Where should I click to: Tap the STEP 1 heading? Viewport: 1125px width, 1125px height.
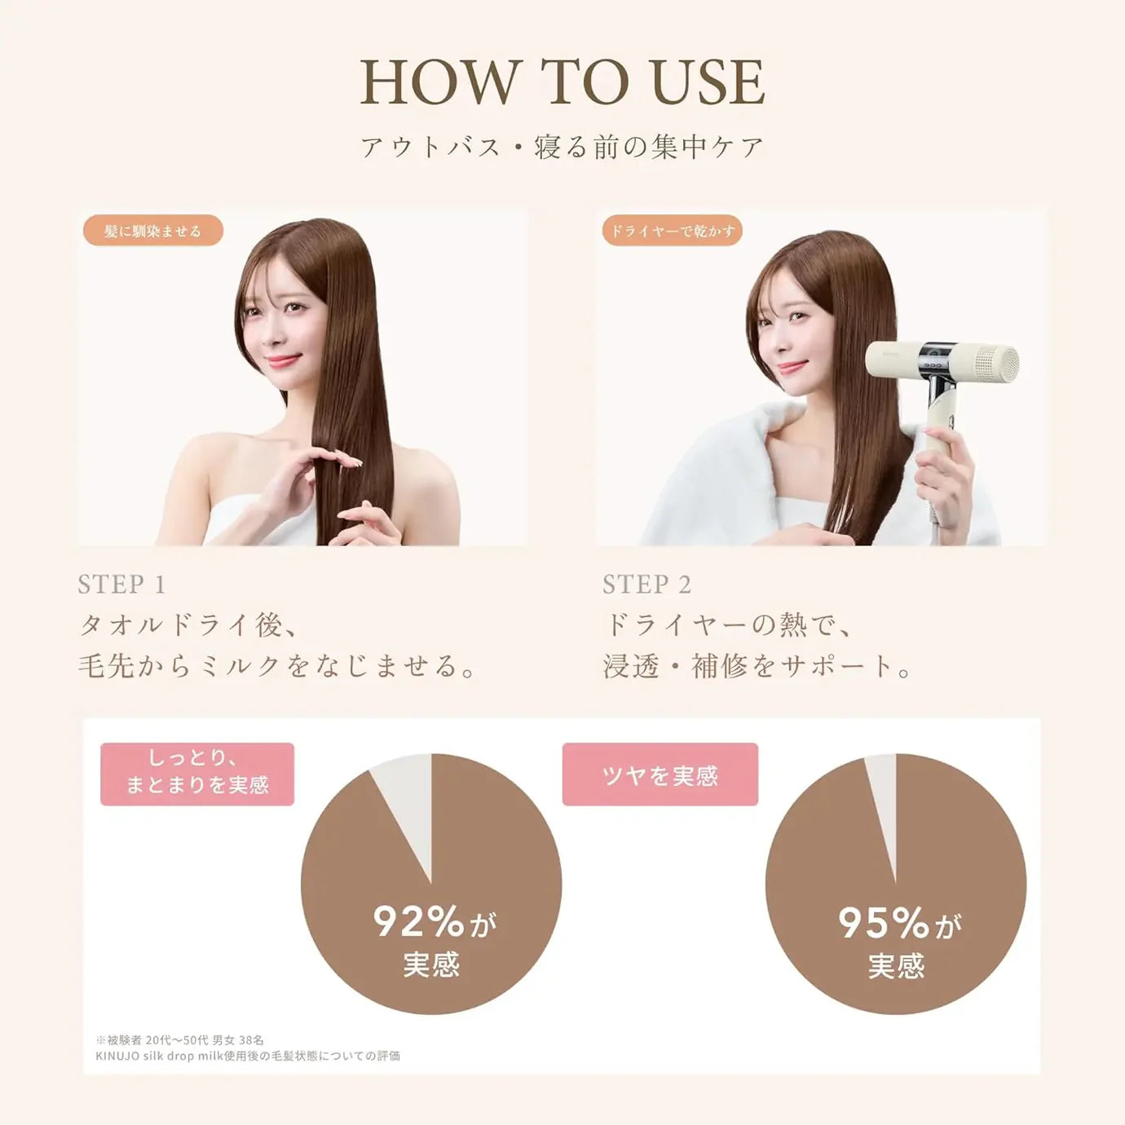coord(122,585)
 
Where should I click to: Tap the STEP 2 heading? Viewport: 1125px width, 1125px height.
coord(646,585)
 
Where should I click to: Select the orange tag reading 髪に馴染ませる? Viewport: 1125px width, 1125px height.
coord(153,231)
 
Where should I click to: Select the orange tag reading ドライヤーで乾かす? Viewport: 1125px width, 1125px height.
coord(672,231)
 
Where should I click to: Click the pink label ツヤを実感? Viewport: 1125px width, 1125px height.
coord(660,774)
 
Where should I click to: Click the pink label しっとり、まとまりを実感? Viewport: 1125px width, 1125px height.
coord(197,774)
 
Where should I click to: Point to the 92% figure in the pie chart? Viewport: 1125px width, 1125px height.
coord(418,922)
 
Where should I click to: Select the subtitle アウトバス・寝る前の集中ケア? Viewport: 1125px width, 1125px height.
coord(562,147)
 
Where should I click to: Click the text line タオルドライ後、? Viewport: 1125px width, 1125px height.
coord(188,626)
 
